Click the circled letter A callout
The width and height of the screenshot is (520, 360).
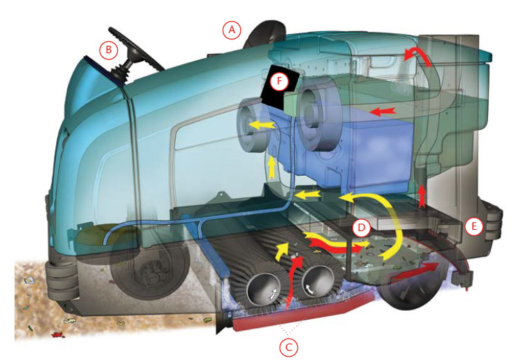point(232,30)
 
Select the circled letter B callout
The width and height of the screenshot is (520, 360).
point(109,50)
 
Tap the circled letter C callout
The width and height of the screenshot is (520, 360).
point(289,348)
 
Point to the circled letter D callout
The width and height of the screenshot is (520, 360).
point(362,228)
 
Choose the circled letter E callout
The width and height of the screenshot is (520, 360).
point(474,226)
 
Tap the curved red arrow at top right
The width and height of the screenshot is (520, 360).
point(418,56)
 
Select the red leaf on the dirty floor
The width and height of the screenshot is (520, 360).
point(57,334)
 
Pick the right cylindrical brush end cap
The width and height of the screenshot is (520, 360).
point(318,280)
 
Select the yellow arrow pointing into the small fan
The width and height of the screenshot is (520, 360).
point(262,125)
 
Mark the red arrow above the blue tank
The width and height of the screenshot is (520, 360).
point(383,111)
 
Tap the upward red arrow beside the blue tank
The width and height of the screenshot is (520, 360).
point(422,197)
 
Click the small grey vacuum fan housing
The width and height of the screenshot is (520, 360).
point(251,123)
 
